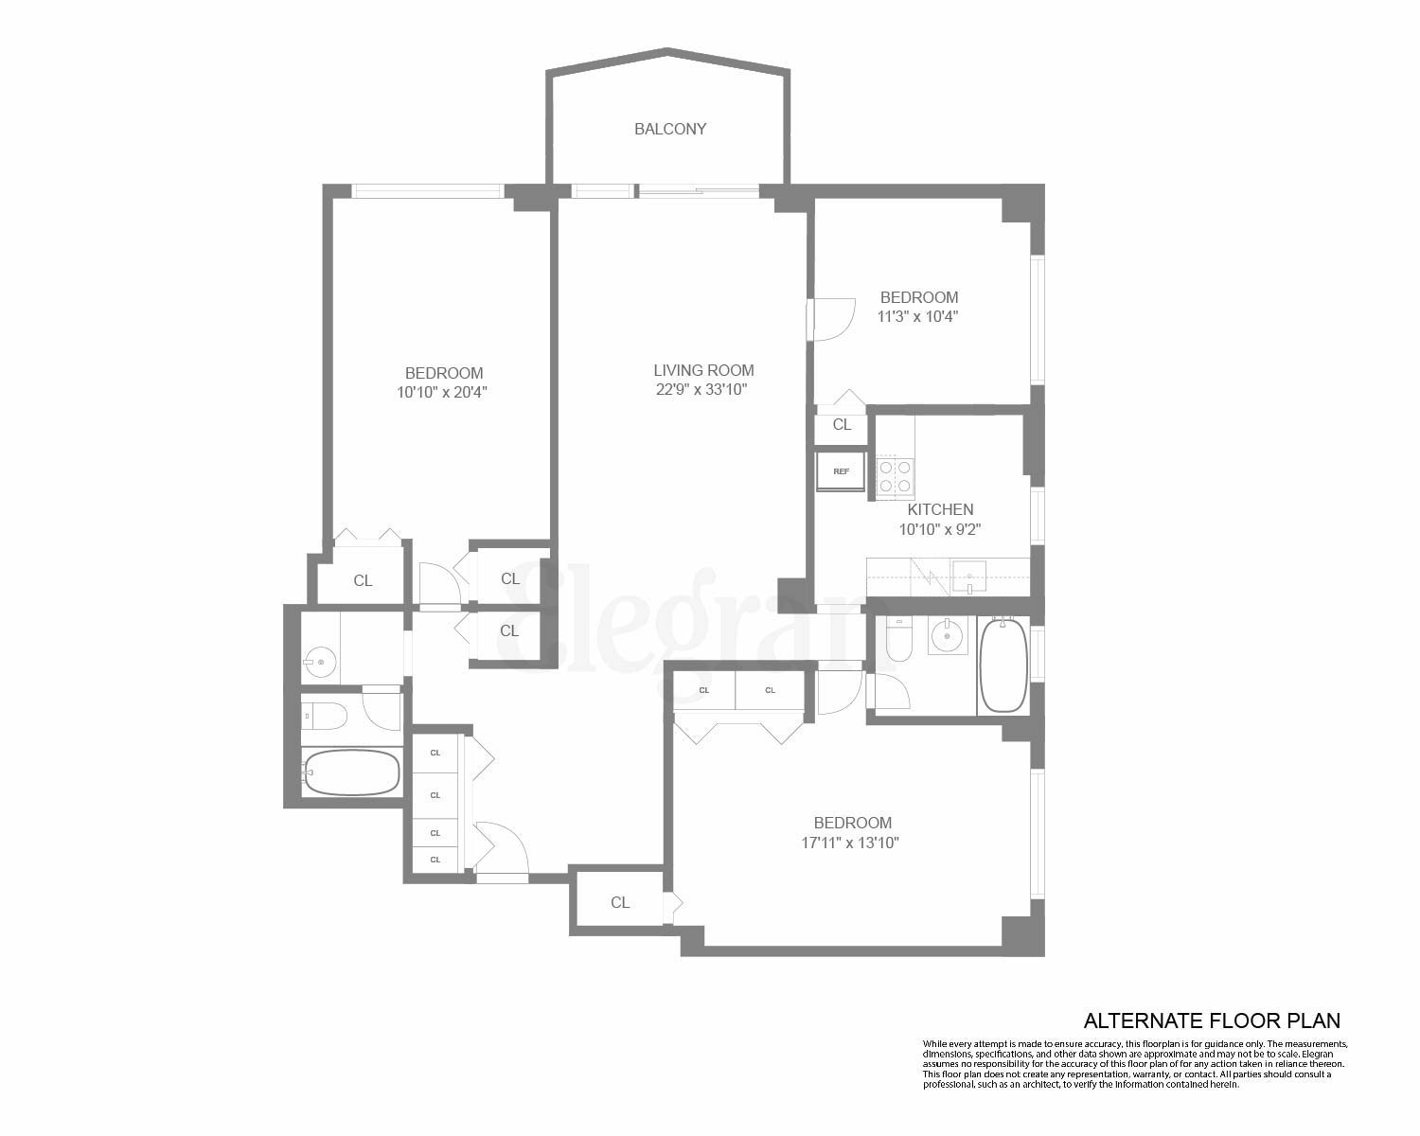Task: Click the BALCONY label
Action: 670,129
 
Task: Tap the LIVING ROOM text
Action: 703,370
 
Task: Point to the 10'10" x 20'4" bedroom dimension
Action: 442,392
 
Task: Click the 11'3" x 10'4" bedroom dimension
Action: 917,317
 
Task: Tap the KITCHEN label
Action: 939,509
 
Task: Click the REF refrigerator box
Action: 841,471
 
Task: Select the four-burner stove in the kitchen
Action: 895,476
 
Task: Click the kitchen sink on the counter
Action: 968,576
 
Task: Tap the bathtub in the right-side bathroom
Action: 1003,665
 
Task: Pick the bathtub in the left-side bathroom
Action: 351,772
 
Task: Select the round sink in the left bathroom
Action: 321,662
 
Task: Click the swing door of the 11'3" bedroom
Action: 832,319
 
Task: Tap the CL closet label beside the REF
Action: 842,425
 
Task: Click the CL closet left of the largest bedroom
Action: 619,902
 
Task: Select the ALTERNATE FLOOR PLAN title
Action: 1211,1021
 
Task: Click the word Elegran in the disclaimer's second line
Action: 1315,1054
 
